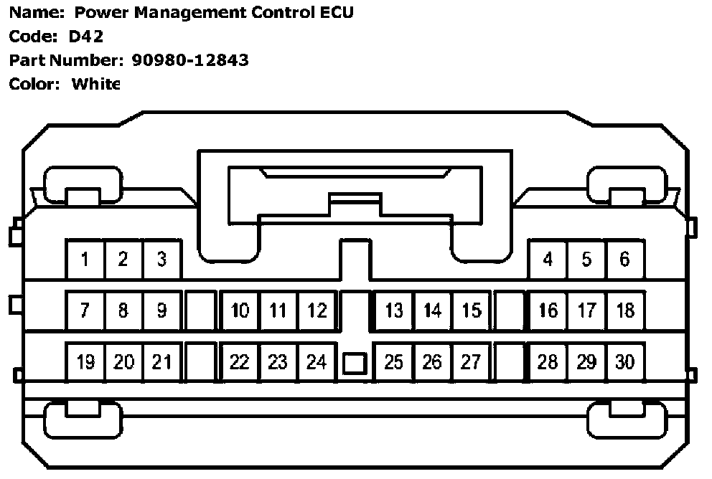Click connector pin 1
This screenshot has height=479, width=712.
click(85, 260)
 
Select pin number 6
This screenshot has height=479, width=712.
click(624, 260)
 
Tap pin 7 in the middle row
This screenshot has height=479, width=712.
click(85, 310)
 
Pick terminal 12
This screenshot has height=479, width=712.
click(317, 310)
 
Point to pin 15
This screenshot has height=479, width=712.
click(471, 310)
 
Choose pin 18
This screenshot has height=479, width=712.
click(625, 310)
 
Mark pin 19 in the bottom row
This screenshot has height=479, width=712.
click(85, 362)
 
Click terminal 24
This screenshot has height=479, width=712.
click(317, 362)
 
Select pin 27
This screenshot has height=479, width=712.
click(471, 362)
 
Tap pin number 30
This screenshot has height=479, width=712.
click(625, 362)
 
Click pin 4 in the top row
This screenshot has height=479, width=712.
click(548, 260)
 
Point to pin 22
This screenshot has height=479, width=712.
click(240, 362)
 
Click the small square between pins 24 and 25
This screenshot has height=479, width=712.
click(355, 364)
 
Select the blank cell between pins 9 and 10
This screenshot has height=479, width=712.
click(201, 310)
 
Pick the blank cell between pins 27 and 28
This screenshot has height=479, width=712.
click(510, 362)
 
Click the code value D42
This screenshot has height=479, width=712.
click(86, 37)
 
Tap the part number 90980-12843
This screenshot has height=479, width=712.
click(190, 60)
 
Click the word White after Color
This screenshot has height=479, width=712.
click(95, 84)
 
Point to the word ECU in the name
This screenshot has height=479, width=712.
click(336, 13)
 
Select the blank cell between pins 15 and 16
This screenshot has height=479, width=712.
click(510, 310)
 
